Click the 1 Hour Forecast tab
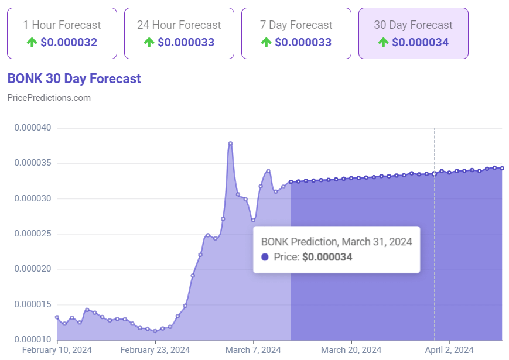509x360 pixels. (62, 33)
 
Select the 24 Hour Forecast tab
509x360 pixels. (179, 33)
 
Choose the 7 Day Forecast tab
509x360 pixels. (296, 33)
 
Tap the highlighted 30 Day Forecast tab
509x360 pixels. (414, 33)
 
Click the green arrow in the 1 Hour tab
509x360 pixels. (32, 43)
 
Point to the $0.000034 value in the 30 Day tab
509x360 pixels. (420, 43)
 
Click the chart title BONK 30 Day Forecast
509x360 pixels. (74, 78)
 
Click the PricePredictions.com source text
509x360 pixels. (49, 98)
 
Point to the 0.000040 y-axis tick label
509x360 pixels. (33, 128)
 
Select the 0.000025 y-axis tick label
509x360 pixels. (33, 234)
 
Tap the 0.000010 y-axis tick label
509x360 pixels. (33, 340)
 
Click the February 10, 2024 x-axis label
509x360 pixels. (57, 350)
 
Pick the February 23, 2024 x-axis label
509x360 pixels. (155, 350)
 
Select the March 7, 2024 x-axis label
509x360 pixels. (254, 350)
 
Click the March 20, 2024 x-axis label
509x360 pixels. (351, 350)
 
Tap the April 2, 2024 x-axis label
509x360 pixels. (449, 350)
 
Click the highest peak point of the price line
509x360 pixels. (230, 143)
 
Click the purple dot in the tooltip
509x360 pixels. (265, 257)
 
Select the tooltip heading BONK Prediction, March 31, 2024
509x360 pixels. (336, 241)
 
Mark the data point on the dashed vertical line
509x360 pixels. (434, 173)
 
